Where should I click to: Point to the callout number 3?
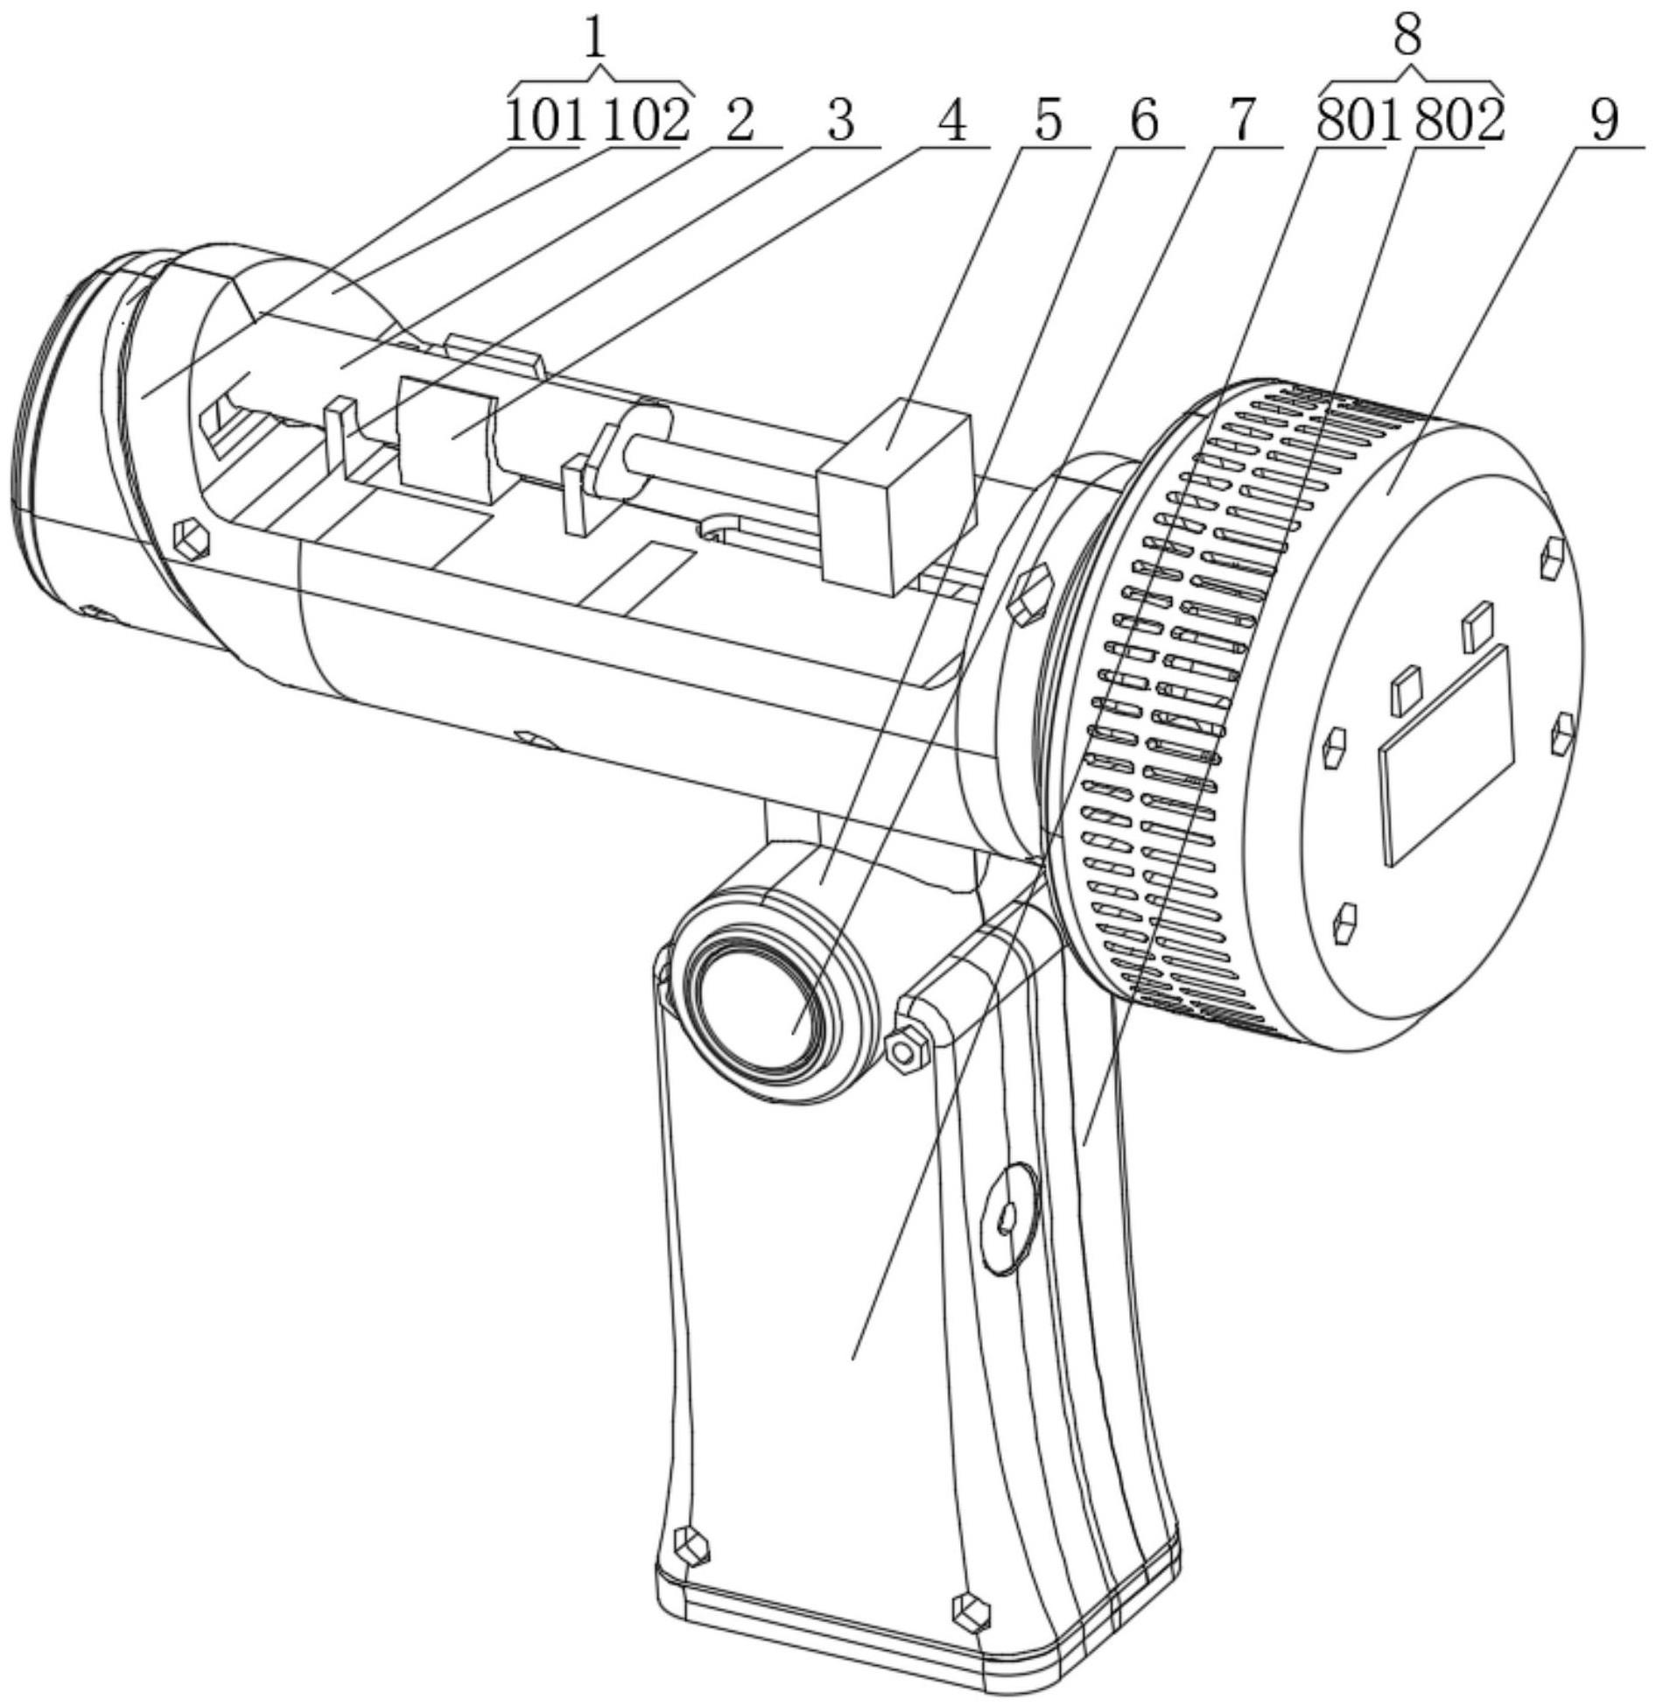point(840,121)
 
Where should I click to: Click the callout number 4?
point(952,121)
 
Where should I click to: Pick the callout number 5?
point(1048,121)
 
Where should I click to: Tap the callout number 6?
point(1144,121)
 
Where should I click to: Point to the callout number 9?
point(1603,121)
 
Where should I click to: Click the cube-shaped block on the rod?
point(893,499)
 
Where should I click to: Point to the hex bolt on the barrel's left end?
point(192,539)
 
